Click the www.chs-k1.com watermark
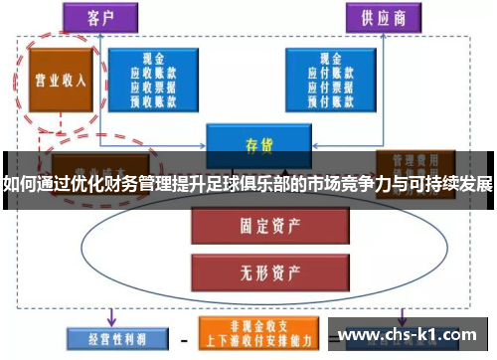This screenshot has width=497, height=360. coord(412,335)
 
